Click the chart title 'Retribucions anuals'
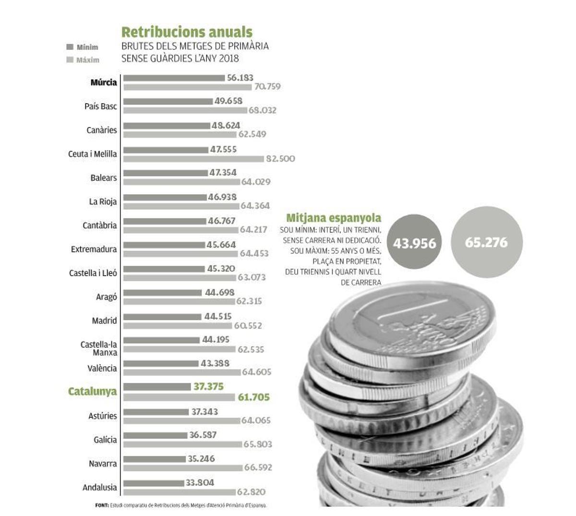(x=187, y=32)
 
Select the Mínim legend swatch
(x=70, y=47)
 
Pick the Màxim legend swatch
(x=70, y=60)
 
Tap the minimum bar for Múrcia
(x=174, y=78)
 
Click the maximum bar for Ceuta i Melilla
(x=193, y=159)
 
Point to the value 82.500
(x=280, y=159)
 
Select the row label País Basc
(x=100, y=106)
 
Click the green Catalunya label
(x=92, y=392)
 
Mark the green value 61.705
(x=254, y=397)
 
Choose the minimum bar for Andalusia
(x=154, y=483)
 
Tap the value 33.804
(x=200, y=482)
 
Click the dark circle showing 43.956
(x=414, y=243)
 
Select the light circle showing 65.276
(x=486, y=242)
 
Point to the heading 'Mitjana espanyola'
(x=334, y=218)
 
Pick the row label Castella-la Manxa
(x=99, y=348)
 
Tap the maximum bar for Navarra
(x=182, y=468)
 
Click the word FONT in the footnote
(x=102, y=505)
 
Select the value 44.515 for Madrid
(x=217, y=317)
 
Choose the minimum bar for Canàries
(x=167, y=126)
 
